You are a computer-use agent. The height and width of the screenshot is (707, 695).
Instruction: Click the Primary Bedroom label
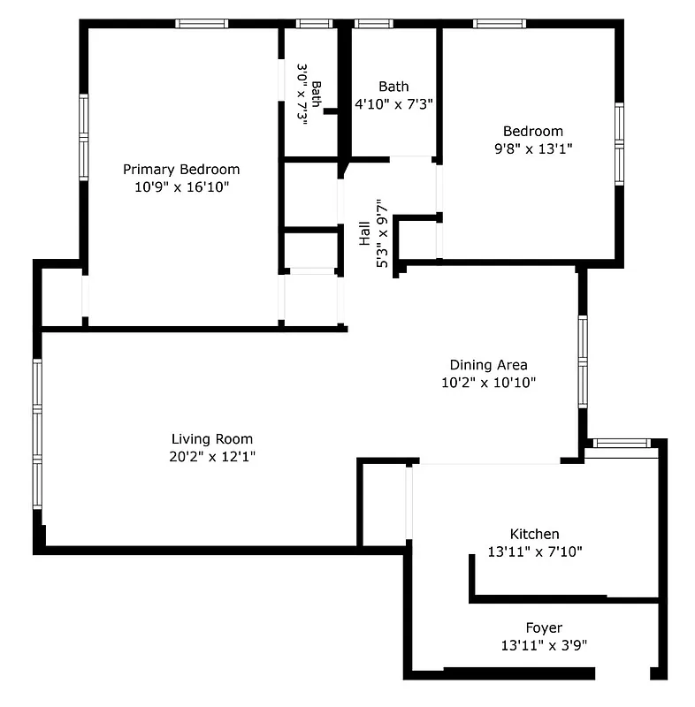coord(180,169)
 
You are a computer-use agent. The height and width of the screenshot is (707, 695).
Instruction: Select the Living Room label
coord(211,438)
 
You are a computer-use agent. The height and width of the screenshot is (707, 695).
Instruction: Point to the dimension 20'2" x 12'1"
coord(211,456)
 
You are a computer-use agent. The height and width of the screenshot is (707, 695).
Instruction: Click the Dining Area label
coord(488,364)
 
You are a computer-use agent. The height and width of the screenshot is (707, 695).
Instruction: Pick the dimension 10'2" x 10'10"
coord(488,383)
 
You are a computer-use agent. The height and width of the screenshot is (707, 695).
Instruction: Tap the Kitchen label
coord(534,534)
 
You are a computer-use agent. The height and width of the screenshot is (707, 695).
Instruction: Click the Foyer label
coord(543,627)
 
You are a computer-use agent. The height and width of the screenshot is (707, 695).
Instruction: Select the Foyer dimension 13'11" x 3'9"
coord(543,645)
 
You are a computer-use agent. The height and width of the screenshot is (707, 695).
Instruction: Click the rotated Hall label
coord(364,234)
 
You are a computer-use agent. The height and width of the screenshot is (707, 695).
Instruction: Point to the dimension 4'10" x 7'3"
coord(393,103)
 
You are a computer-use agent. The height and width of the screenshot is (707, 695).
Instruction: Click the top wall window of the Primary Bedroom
coord(202,24)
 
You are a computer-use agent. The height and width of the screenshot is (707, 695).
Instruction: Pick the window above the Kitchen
coord(622,443)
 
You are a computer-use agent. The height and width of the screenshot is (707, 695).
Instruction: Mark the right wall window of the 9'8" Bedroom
coord(619,139)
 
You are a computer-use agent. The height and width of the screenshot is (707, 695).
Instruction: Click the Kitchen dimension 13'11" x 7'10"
coord(534,551)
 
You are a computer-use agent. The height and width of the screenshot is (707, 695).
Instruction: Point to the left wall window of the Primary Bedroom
coord(84,137)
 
